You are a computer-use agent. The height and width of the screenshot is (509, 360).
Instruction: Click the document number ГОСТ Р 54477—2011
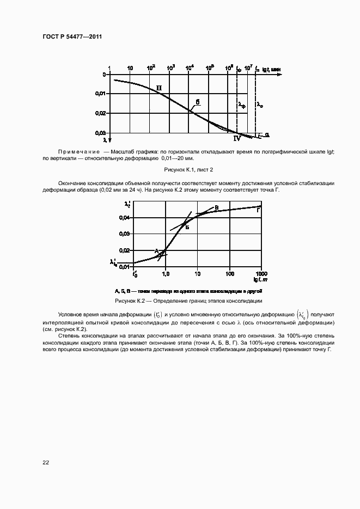72,36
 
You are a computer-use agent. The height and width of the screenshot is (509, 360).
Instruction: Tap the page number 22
46,462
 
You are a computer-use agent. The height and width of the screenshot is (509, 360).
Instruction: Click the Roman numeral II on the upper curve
159,88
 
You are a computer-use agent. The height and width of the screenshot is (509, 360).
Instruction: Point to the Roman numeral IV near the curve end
237,139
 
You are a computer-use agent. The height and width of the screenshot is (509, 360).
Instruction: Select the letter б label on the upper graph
198,102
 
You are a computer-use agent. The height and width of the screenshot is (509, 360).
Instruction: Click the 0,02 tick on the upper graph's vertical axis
100,113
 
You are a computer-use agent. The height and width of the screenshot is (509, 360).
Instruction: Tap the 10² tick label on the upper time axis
151,68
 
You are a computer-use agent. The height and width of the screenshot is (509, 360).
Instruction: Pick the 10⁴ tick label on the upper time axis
190,68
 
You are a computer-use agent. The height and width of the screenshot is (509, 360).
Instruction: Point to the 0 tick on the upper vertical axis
103,75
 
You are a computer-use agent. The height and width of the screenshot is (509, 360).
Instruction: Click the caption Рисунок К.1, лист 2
180,170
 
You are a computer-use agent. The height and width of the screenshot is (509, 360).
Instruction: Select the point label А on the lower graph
156,250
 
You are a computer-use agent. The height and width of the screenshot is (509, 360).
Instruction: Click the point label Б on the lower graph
187,227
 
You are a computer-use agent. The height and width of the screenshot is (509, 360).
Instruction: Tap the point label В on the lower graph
216,208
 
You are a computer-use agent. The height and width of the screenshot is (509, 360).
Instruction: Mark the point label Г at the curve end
258,210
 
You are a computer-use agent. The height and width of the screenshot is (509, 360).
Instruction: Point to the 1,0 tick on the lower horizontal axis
166,273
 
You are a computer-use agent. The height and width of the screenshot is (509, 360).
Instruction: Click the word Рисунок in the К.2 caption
126,301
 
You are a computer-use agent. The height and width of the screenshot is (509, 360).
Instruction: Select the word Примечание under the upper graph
78,151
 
